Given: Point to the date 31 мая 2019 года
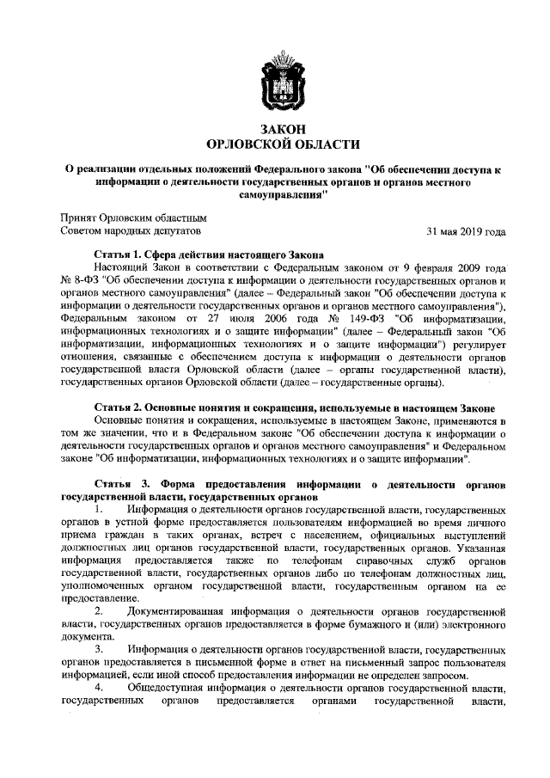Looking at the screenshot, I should pos(466,231).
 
